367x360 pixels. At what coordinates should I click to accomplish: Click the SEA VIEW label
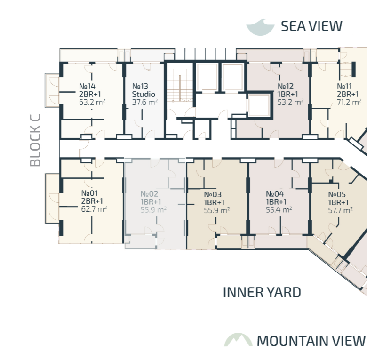pyautogui.click(x=311, y=26)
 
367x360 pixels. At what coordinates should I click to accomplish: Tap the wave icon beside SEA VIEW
pyautogui.click(x=260, y=27)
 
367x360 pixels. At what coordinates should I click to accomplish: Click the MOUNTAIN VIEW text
pyautogui.click(x=311, y=341)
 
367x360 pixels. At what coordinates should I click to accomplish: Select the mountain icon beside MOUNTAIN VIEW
pyautogui.click(x=238, y=340)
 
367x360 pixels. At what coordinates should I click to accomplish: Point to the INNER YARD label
pyautogui.click(x=262, y=292)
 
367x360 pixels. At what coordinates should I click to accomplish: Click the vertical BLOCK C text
pyautogui.click(x=35, y=140)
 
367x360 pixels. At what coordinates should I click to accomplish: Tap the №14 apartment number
pyautogui.click(x=87, y=86)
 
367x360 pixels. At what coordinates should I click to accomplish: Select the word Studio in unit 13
pyautogui.click(x=144, y=94)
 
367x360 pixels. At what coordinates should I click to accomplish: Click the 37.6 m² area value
pyautogui.click(x=144, y=102)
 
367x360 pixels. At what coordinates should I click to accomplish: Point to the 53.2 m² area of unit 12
pyautogui.click(x=290, y=102)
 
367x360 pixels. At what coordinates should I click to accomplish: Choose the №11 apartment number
pyautogui.click(x=344, y=86)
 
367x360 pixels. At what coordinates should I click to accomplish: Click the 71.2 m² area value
pyautogui.click(x=349, y=102)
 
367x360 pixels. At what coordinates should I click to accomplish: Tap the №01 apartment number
pyautogui.click(x=89, y=193)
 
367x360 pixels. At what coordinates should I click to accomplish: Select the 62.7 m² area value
pyautogui.click(x=94, y=209)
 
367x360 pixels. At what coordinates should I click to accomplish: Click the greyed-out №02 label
pyautogui.click(x=149, y=194)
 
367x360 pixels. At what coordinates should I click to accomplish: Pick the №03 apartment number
pyautogui.click(x=213, y=194)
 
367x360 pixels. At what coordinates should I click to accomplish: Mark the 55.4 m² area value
pyautogui.click(x=279, y=209)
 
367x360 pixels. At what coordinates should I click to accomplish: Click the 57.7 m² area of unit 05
pyautogui.click(x=341, y=210)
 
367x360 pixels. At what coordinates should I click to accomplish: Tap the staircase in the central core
pyautogui.click(x=180, y=86)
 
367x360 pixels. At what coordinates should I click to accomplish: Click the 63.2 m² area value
pyautogui.click(x=92, y=102)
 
